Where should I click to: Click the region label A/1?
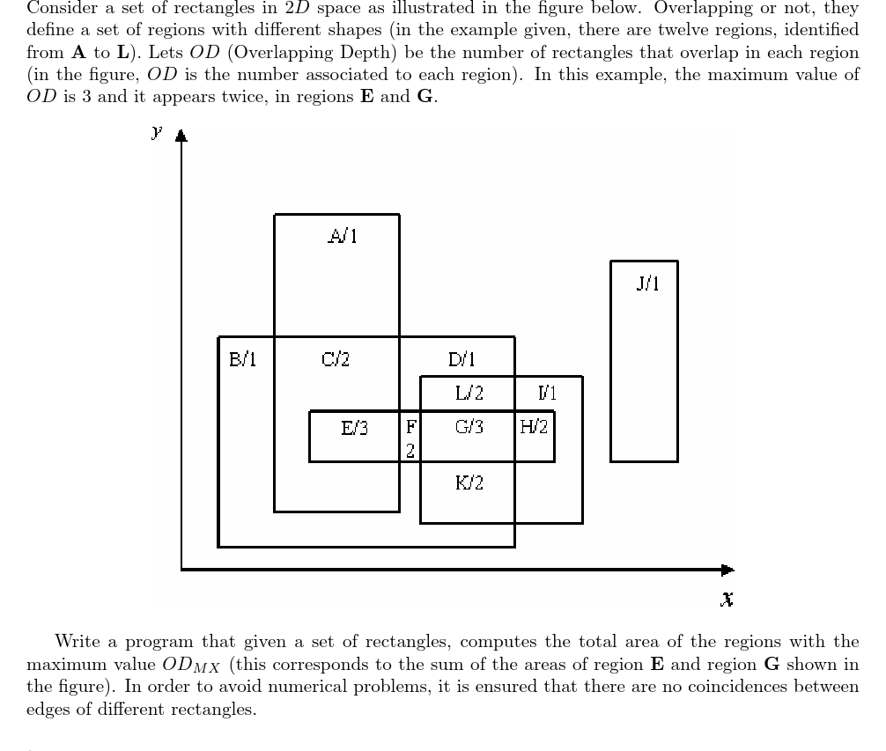click(x=343, y=236)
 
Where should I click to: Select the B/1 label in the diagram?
click(x=242, y=359)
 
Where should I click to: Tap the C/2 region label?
click(x=336, y=359)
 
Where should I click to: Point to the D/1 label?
click(x=461, y=359)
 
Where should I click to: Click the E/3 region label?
click(x=354, y=429)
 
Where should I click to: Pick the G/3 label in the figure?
click(x=469, y=429)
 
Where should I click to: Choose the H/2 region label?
click(x=534, y=428)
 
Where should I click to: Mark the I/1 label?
click(x=548, y=393)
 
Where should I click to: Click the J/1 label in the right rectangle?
click(x=646, y=283)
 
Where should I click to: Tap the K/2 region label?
click(x=469, y=482)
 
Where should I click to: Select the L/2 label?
click(x=469, y=393)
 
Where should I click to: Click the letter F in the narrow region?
click(x=410, y=429)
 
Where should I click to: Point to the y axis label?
click(x=157, y=133)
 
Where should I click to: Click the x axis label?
click(x=727, y=600)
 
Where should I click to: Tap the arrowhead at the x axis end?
click(x=727, y=570)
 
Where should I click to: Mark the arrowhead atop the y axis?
click(x=181, y=136)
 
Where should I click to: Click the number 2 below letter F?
click(x=410, y=450)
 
